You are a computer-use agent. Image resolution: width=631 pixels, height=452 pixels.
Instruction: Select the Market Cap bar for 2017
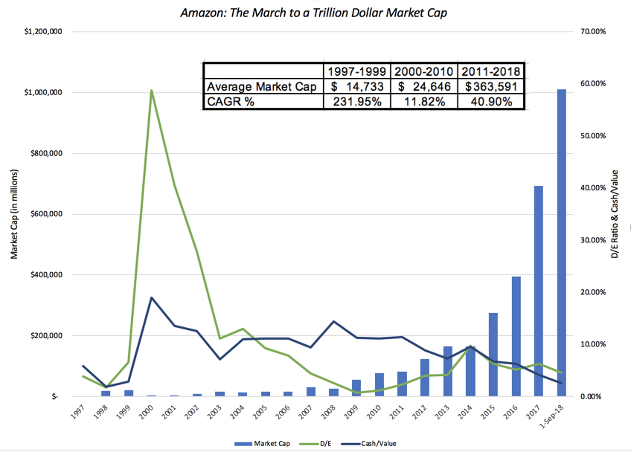click(538, 291)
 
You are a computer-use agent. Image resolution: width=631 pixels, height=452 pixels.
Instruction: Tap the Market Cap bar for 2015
click(493, 355)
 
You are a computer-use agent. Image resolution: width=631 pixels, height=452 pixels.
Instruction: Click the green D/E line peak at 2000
click(152, 91)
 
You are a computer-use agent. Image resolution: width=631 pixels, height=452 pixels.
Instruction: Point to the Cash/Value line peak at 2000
click(152, 297)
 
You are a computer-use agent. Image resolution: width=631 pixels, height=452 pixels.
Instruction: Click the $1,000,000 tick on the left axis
click(42, 93)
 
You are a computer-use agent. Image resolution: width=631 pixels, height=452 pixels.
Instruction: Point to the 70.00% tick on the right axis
click(592, 32)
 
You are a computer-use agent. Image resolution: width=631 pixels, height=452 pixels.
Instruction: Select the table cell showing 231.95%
click(356, 102)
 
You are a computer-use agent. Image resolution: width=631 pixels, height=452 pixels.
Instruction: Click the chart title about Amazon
click(315, 13)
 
